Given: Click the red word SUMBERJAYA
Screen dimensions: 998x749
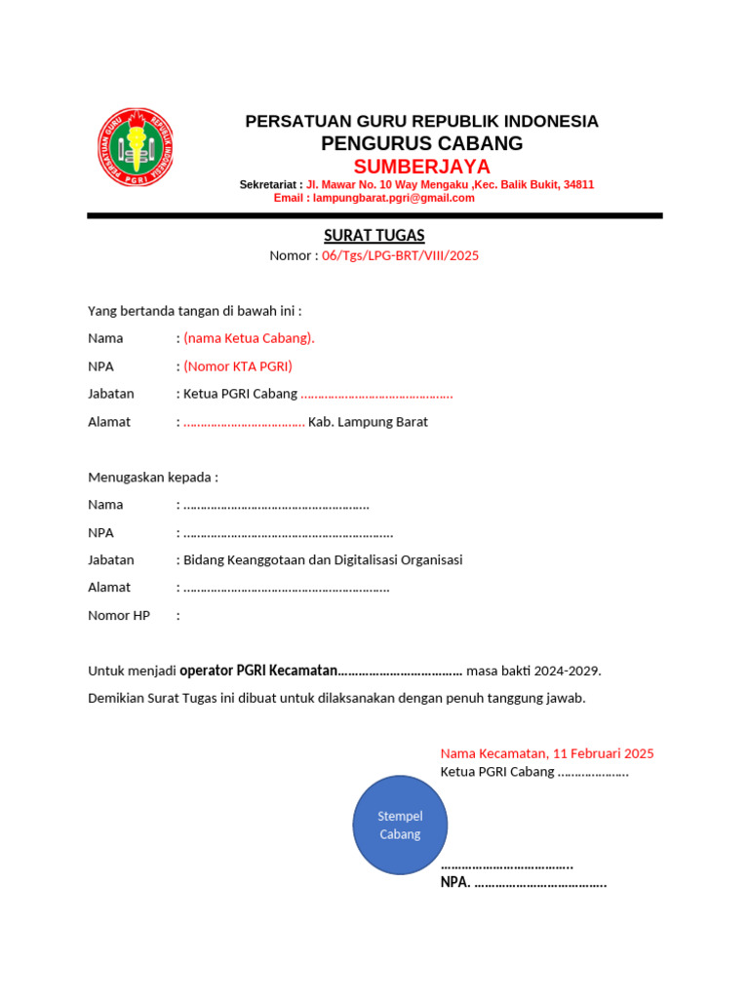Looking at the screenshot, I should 421,166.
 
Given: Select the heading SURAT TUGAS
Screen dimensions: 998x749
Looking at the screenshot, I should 374,236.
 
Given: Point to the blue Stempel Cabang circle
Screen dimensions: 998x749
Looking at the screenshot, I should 400,825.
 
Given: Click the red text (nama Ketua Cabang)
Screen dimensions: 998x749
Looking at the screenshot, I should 249,338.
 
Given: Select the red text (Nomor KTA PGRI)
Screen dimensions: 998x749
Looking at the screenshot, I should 238,366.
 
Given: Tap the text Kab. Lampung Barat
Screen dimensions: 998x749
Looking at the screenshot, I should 368,422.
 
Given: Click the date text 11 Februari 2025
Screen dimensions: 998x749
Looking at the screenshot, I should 603,753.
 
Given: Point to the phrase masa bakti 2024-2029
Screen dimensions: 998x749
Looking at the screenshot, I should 533,671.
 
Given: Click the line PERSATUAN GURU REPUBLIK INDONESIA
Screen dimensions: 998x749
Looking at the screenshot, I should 421,121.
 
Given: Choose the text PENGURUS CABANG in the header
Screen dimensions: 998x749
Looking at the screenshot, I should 421,143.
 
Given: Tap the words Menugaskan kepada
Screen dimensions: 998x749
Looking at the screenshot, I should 153,477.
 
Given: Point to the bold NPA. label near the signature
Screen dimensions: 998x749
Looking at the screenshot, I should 455,883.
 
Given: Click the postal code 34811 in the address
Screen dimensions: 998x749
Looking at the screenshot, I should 578,184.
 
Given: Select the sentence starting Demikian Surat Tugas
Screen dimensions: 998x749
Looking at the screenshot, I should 336,698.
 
